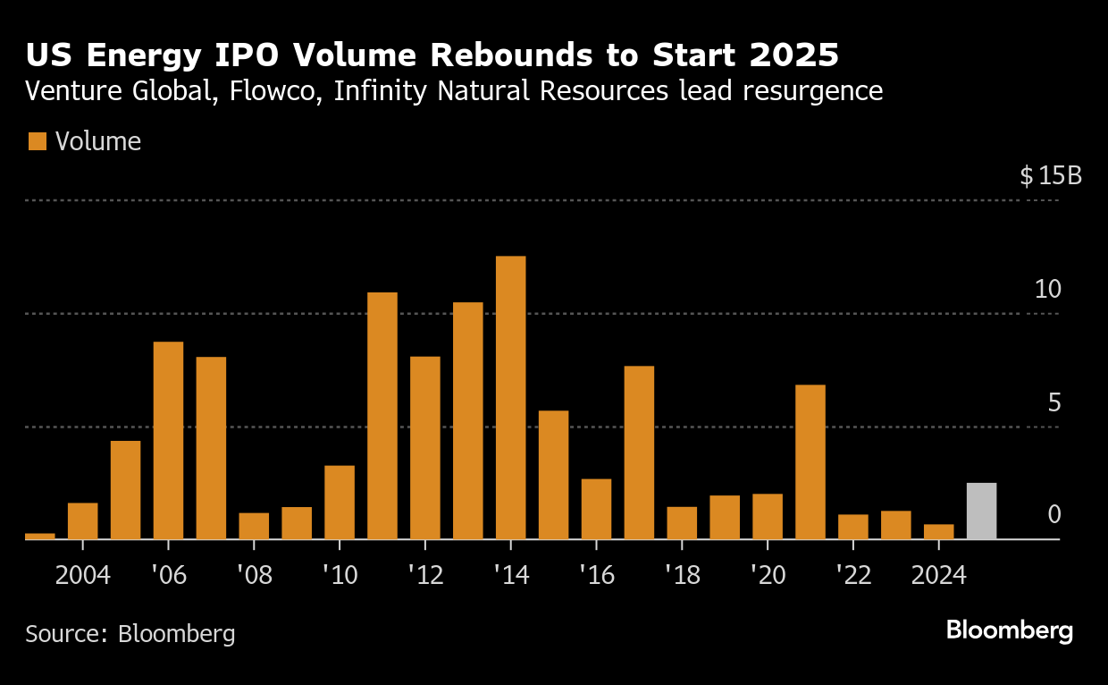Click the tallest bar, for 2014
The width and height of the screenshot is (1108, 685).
(x=510, y=398)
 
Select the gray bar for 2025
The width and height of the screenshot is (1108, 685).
(x=981, y=512)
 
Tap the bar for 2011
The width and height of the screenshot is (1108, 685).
(x=382, y=416)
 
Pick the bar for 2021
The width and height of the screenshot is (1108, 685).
(x=810, y=462)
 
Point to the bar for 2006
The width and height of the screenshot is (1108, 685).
(x=168, y=441)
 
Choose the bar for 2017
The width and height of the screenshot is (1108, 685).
(x=639, y=452)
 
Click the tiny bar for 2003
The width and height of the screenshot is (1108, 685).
(x=40, y=536)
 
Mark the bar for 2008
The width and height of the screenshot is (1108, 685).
(x=254, y=526)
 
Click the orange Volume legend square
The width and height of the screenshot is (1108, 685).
(x=37, y=141)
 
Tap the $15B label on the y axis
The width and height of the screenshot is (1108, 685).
(x=1050, y=175)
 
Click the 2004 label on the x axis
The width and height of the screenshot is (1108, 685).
(x=82, y=574)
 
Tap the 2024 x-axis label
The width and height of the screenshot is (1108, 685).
(x=938, y=574)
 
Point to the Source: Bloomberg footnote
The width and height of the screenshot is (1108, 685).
(x=130, y=634)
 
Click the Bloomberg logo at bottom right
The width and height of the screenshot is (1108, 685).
(x=1009, y=630)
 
